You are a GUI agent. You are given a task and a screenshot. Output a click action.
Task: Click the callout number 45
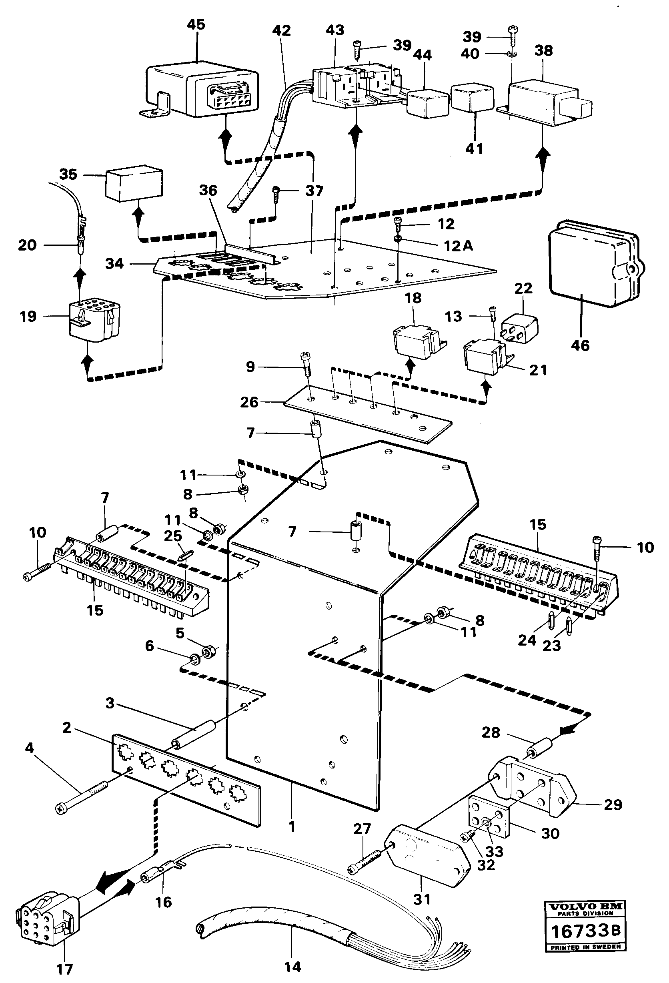pos(196,24)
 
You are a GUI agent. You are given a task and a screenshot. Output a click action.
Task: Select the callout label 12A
pos(458,245)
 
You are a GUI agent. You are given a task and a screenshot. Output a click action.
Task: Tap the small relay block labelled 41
pos(473,98)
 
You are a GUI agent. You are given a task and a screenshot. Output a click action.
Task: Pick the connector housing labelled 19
pos(92,321)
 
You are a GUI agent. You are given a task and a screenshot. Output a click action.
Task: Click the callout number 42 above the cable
pos(282,30)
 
